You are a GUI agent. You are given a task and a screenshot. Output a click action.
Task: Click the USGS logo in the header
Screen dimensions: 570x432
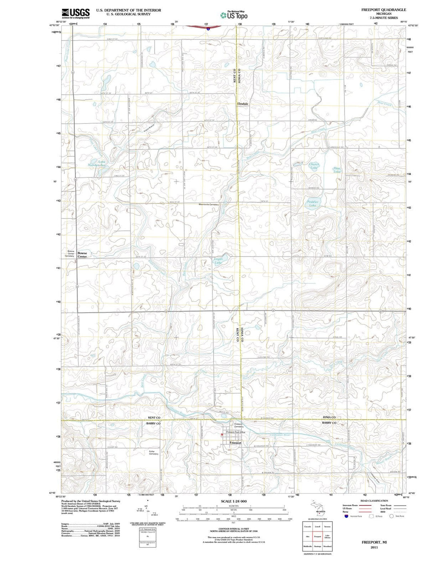click(x=76, y=14)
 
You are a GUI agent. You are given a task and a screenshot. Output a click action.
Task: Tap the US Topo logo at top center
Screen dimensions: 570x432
click(x=234, y=15)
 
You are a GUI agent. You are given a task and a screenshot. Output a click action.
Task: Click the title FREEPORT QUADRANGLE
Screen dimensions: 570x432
click(x=383, y=10)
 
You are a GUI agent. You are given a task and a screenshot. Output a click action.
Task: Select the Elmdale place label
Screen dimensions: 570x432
click(x=242, y=104)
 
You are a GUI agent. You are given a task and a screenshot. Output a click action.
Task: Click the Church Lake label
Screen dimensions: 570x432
click(x=314, y=166)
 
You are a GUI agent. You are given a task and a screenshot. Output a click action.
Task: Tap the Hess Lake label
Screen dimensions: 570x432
click(x=337, y=170)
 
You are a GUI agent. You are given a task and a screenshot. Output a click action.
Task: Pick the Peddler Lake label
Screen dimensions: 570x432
click(x=313, y=203)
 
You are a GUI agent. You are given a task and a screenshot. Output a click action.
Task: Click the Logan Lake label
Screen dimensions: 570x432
click(x=218, y=261)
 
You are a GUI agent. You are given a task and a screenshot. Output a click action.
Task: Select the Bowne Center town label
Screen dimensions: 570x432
click(x=82, y=255)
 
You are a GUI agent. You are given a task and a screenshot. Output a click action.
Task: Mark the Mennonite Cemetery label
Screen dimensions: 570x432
click(x=209, y=204)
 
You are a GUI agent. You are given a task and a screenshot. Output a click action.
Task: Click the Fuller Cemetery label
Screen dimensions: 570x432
click(x=154, y=452)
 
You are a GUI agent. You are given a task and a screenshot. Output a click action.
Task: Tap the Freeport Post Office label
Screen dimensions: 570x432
click(x=236, y=432)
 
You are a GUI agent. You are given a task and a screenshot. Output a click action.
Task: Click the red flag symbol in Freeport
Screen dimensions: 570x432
click(x=223, y=434)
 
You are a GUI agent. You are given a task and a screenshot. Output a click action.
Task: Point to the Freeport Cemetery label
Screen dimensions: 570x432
click(x=238, y=425)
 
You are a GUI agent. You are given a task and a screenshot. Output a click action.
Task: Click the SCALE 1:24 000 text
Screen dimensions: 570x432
click(x=234, y=501)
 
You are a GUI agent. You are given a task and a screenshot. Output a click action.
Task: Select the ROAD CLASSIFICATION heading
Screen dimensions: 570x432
click(x=374, y=501)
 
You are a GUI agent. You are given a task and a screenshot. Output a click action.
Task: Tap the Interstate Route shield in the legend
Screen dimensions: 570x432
click(x=346, y=516)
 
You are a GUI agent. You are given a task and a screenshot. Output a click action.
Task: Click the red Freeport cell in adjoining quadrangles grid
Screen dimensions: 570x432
click(x=318, y=537)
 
